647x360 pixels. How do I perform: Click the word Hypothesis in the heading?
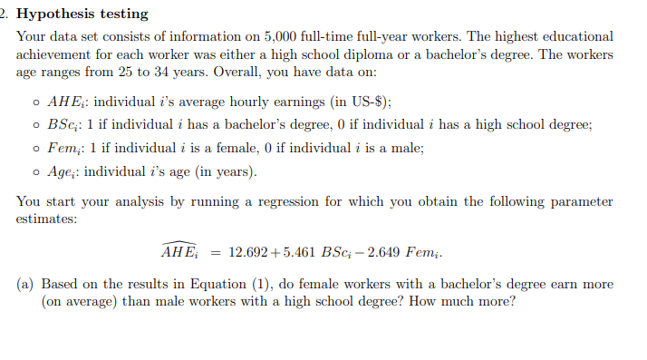tap(60, 15)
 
